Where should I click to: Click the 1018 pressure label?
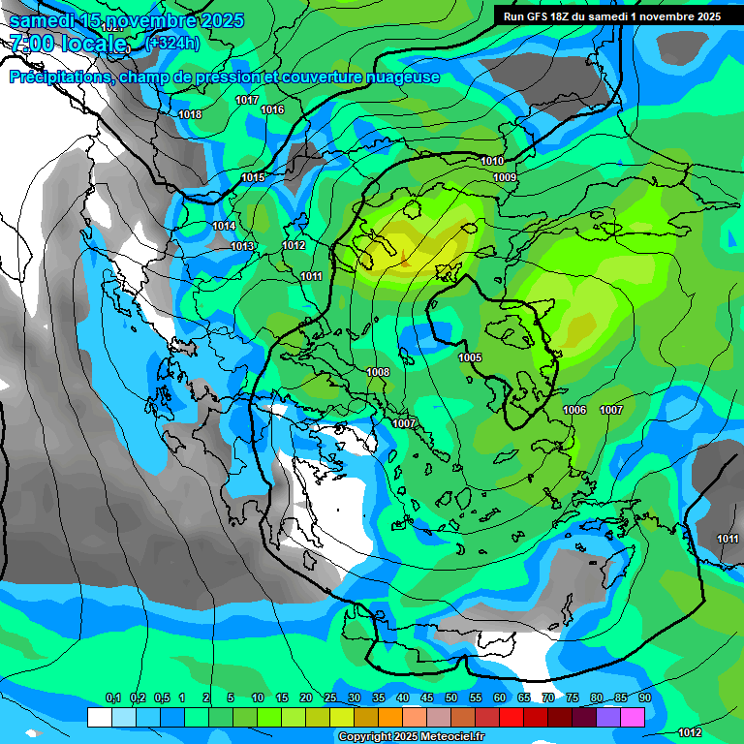click(x=190, y=114)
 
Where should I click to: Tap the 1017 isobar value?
click(x=247, y=101)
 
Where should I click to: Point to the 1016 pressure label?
click(x=272, y=109)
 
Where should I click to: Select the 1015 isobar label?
click(x=253, y=177)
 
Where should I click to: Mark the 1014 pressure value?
click(x=224, y=226)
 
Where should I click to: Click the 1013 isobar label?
click(x=242, y=246)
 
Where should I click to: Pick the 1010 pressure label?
click(x=492, y=161)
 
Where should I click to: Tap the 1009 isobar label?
click(x=504, y=177)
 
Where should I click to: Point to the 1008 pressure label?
click(x=378, y=372)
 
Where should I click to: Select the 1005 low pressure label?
click(x=470, y=357)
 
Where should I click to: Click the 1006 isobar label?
click(x=574, y=410)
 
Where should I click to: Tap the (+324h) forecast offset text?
click(x=171, y=43)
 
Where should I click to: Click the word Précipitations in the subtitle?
click(x=59, y=77)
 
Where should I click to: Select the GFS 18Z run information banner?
click(x=612, y=16)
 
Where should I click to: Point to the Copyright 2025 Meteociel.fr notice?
click(x=411, y=737)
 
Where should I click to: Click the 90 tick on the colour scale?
click(x=645, y=698)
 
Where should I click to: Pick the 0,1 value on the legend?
click(x=112, y=698)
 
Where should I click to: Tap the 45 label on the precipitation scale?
click(x=427, y=698)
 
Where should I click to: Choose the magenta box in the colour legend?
click(x=633, y=717)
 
